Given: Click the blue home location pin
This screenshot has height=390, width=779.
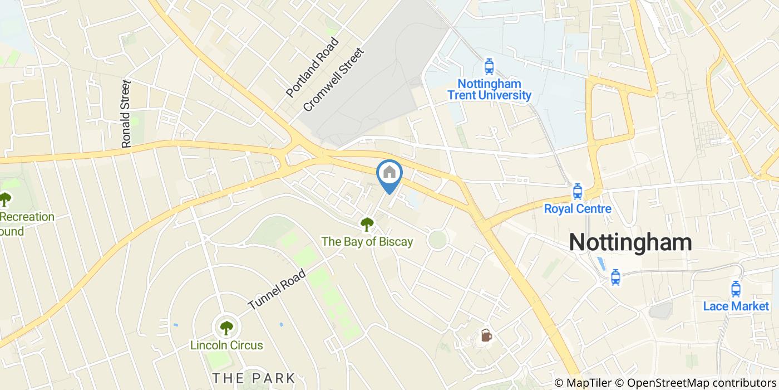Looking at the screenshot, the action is click(x=389, y=174).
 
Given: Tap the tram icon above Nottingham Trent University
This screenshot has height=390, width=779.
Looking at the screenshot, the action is click(x=489, y=67).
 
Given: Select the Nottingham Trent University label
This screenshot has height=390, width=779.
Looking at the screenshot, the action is click(x=489, y=90).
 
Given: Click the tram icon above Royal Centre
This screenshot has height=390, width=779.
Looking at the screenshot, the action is click(x=577, y=192).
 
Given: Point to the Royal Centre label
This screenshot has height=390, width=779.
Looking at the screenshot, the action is click(x=577, y=209).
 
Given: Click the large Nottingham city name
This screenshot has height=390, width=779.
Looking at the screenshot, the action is click(x=630, y=242).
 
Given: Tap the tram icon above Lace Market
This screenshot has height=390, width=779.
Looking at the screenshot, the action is click(x=736, y=289).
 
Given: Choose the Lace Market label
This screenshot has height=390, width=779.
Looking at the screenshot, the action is click(x=736, y=306).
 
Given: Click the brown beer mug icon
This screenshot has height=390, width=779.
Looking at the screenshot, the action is click(x=486, y=335).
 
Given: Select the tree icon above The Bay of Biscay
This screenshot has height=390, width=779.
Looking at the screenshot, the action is click(x=367, y=225).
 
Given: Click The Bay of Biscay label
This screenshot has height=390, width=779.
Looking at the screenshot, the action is click(x=367, y=241).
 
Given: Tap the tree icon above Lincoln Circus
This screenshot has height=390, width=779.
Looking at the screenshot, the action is click(x=226, y=328).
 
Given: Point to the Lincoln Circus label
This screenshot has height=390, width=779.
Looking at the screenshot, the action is click(x=226, y=345).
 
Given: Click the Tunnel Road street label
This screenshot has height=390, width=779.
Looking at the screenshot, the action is click(x=277, y=290).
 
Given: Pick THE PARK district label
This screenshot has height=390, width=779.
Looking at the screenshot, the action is click(x=253, y=378).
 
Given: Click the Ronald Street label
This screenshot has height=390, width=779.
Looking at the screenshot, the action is click(x=126, y=114).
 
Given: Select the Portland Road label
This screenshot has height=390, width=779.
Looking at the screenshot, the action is click(x=312, y=67).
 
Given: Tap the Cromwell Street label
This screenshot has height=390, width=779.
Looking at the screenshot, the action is click(x=333, y=80).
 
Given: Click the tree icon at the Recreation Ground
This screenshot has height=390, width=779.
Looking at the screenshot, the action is click(x=5, y=199).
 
